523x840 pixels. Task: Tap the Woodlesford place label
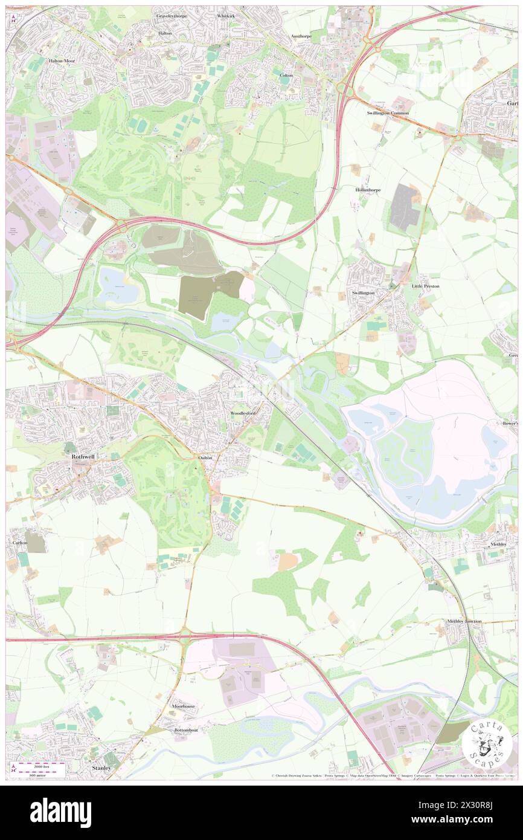[243, 413]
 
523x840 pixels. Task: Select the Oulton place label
[205, 458]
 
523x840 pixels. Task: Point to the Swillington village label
[364, 292]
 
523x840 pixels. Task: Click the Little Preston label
[426, 286]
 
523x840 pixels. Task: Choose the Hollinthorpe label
[367, 189]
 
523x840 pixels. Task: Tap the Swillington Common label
[388, 113]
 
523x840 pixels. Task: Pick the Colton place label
[286, 75]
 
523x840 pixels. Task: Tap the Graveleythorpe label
[173, 16]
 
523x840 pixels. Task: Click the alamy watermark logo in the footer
[60, 812]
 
